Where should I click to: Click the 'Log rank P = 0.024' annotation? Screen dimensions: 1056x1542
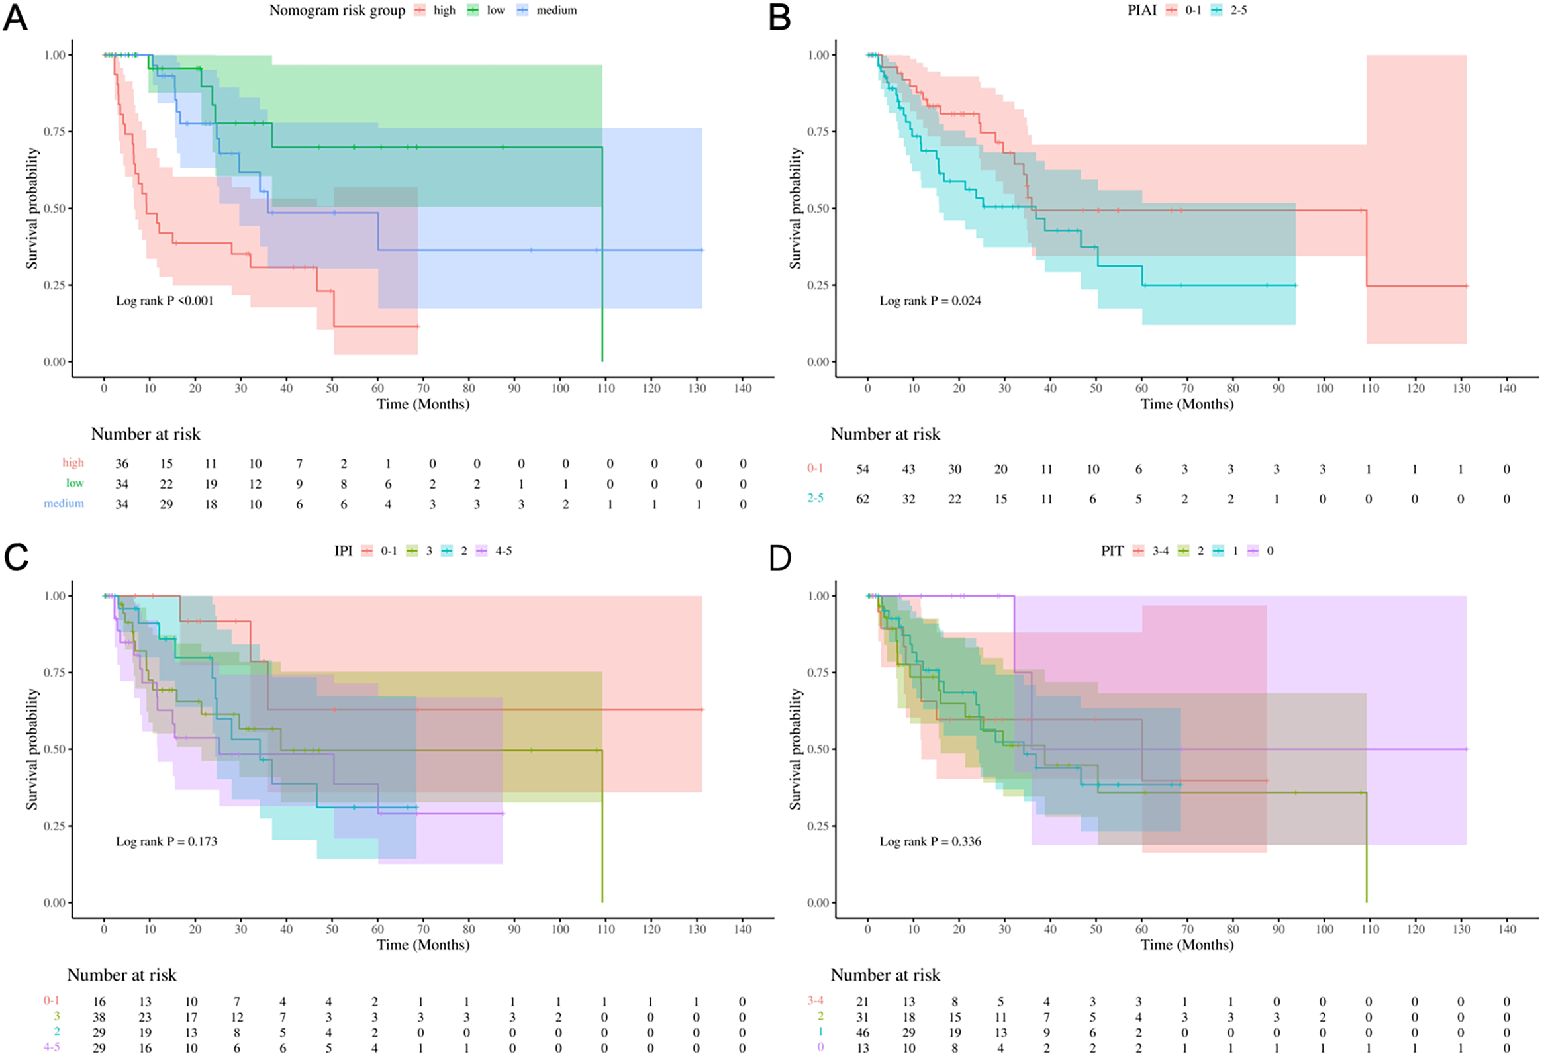(930, 301)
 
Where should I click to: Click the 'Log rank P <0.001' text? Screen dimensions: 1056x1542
(165, 301)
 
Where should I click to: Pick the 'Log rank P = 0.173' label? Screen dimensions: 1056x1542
(167, 841)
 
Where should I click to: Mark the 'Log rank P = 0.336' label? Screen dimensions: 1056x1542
(930, 841)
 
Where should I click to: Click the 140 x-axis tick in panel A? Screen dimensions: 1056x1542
(742, 389)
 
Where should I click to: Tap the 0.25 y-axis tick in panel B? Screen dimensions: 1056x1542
(818, 285)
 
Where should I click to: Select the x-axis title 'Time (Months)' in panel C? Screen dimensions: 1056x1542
(423, 945)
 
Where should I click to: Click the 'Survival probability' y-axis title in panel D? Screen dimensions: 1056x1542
(796, 749)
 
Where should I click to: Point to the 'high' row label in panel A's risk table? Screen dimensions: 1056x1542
(73, 463)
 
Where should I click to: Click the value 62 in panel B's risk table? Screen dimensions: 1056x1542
(862, 499)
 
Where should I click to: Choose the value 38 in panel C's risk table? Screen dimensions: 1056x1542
(99, 1018)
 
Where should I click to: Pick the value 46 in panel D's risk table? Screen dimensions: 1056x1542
(862, 1033)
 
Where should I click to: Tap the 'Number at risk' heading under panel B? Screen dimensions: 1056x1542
(885, 434)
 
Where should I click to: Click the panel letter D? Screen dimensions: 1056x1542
(780, 558)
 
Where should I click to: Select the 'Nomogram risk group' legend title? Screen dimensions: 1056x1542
(337, 11)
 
